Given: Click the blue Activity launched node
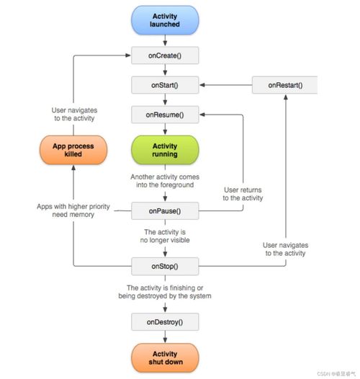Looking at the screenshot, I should pos(166,21).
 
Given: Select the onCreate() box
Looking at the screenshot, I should pos(166,55).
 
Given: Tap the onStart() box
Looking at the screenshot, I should pos(166,85).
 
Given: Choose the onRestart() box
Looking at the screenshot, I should pos(285,85).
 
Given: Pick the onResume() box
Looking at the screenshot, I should pos(166,115).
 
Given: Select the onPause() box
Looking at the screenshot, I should pos(166,211).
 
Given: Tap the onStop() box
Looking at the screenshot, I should pos(166,266).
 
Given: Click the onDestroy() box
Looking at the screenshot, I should pos(166,321).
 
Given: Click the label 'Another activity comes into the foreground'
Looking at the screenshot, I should pos(166,182).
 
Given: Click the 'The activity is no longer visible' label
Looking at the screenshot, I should pos(166,237).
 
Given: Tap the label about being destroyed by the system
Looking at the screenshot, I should pos(166,293).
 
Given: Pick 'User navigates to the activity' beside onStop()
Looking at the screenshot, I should pos(285,249).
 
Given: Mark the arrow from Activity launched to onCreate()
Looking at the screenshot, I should pos(166,41).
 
